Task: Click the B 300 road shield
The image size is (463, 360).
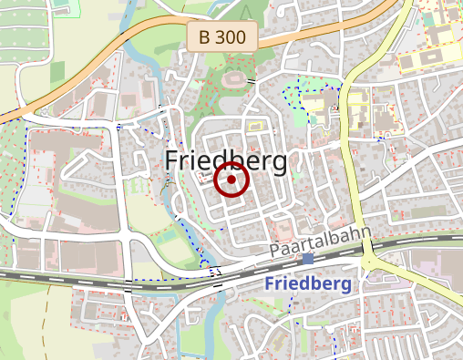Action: click(x=223, y=37)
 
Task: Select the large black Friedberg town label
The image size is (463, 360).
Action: click(x=226, y=161)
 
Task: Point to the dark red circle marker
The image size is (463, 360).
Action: click(x=231, y=180)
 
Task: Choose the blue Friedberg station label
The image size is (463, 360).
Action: click(x=308, y=283)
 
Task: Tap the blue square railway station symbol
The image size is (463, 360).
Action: click(x=308, y=259)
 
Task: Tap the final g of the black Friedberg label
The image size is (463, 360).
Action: click(x=278, y=165)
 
